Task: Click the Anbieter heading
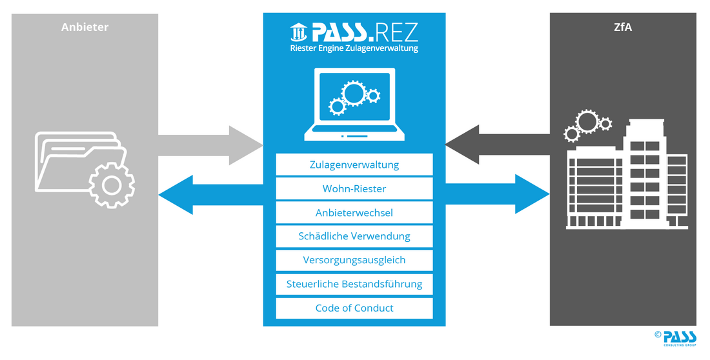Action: click(x=85, y=27)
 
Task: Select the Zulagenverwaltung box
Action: click(x=354, y=165)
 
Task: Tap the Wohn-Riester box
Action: click(x=354, y=188)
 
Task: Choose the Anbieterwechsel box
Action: click(x=354, y=212)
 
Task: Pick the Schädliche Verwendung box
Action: click(x=354, y=236)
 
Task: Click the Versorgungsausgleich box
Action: click(x=354, y=260)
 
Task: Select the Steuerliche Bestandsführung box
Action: click(x=354, y=284)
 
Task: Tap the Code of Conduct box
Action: click(x=354, y=308)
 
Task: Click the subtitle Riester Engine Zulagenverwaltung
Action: click(x=354, y=48)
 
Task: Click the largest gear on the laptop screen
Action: click(x=353, y=94)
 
